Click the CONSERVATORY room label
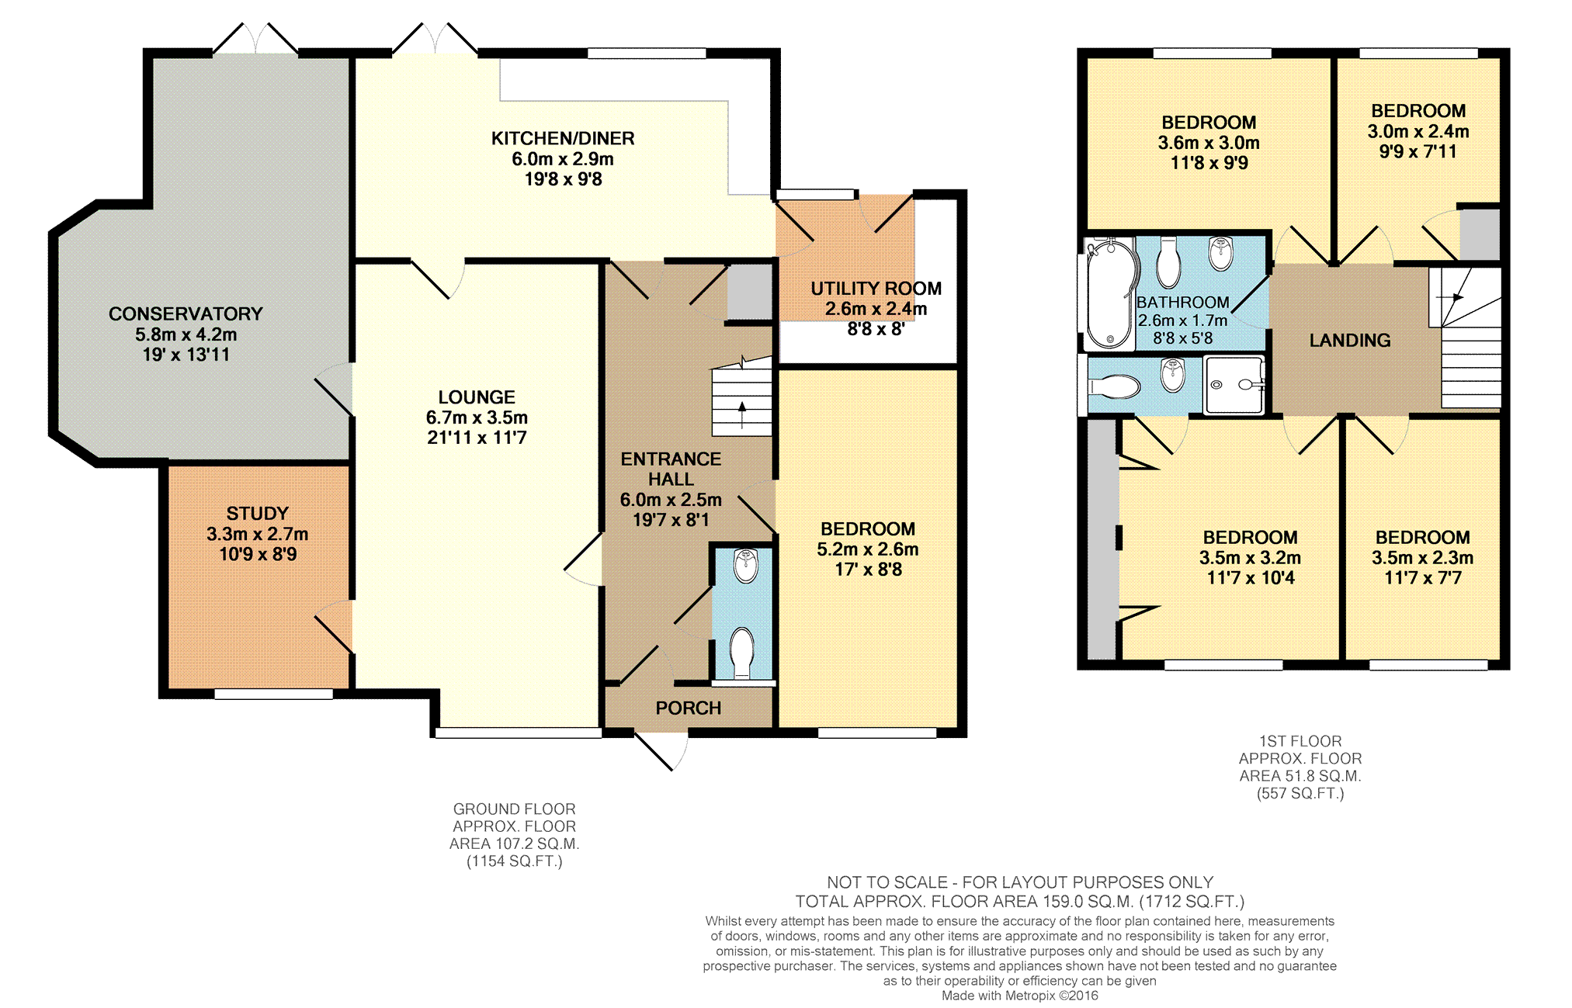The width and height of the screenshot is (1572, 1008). pos(186,313)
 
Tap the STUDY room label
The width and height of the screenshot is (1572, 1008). pos(257,513)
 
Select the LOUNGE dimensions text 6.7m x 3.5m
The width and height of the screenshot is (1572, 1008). pos(477,417)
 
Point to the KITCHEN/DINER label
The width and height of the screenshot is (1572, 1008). pos(563,138)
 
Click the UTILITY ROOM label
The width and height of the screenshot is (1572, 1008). pos(876,289)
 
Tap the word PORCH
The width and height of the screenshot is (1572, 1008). pos(689,708)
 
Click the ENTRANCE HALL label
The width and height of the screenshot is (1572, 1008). pos(671,469)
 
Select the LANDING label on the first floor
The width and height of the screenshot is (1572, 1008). pos(1350,340)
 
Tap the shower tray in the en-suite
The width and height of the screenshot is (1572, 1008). pos(1234,385)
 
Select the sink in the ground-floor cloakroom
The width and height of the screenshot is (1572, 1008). pos(746,566)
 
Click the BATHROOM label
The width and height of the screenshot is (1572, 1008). pos(1182,302)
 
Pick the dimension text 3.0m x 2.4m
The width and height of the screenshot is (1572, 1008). pos(1418,131)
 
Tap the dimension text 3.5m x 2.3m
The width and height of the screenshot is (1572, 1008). pos(1422,558)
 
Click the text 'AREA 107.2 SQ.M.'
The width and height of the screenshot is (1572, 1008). pos(514,843)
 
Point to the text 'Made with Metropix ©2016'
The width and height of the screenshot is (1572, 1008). pos(1020,996)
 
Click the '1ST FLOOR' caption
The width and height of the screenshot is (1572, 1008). pos(1300,741)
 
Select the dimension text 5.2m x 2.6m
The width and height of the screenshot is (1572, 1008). pos(867,549)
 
